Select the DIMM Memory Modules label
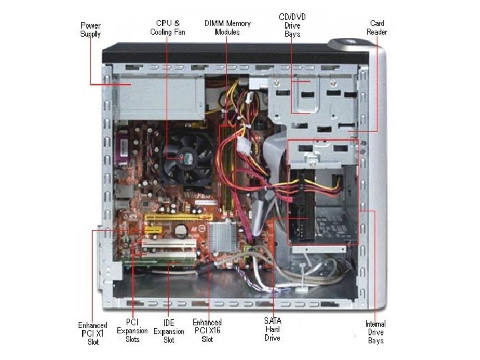coord(227,27)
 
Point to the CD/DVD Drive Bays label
coord(293,25)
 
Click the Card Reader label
coord(377,27)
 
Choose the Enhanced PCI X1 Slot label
coord(92,333)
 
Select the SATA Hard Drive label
coord(272,329)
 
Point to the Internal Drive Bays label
coord(375,332)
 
